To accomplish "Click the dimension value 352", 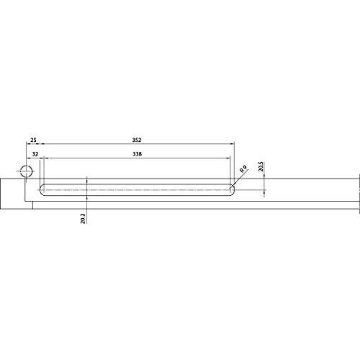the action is [x=137, y=140].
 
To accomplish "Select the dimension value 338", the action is [x=137, y=154].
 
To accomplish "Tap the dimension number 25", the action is [x=33, y=140].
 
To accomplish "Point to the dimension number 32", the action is [x=35, y=154].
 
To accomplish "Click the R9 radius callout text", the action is [x=243, y=169].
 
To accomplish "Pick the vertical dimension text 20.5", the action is [x=261, y=166].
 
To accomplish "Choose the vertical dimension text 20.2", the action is [x=83, y=219].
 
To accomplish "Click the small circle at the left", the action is [x=26, y=171].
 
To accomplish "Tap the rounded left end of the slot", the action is [x=41, y=190].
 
